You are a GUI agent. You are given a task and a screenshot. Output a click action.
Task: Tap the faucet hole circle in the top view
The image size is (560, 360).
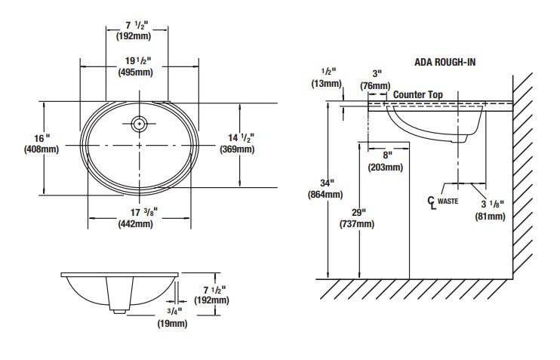pos(138,123)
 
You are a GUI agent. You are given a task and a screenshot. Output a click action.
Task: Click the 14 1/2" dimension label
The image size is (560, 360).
pos(240,137)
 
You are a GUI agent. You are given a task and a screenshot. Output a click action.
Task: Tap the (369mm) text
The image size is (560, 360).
pos(235,149)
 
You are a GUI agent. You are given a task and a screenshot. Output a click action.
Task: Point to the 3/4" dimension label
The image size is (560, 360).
pos(173,311)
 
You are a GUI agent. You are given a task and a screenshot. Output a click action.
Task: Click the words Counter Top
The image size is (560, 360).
pos(418,95)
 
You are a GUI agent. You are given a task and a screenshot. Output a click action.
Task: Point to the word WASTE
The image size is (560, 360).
pos(448,202)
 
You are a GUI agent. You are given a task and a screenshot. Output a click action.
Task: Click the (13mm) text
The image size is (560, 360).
pos(327,84)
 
